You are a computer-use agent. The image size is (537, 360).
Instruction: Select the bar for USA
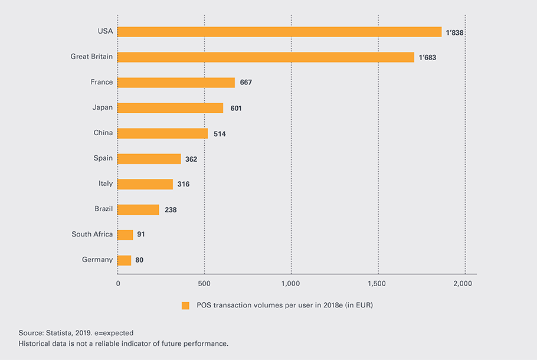[x=279, y=32]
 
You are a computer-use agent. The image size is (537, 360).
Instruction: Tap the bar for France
[x=176, y=83]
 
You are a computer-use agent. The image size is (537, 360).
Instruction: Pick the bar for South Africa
[x=125, y=235]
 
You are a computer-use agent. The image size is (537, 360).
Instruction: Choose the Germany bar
[x=124, y=260]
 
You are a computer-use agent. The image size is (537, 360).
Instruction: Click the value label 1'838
[x=454, y=32]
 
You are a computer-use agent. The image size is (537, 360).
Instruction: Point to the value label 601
[x=236, y=109]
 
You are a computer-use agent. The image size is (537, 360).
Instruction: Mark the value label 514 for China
[x=220, y=134]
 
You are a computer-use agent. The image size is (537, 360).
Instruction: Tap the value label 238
[x=171, y=210]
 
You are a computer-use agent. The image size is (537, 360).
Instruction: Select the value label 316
[x=184, y=184]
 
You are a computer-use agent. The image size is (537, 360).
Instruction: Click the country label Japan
[x=102, y=107]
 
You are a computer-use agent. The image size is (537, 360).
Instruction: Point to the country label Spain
[x=103, y=158]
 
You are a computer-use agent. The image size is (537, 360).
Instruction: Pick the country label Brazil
[x=103, y=209]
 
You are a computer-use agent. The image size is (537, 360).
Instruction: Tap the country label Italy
[x=106, y=184]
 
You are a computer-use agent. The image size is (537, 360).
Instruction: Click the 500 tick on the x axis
[x=204, y=284]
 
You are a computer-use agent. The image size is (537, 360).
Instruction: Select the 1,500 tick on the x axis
[x=376, y=284]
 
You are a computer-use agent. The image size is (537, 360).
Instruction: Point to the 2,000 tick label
[x=463, y=284]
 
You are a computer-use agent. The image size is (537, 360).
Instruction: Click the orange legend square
[x=185, y=306]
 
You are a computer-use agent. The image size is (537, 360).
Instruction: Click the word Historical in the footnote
[x=37, y=343]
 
